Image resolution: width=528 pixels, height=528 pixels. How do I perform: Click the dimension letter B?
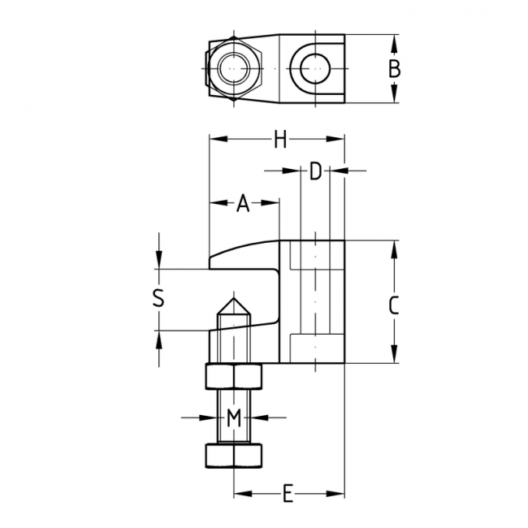point(394,69)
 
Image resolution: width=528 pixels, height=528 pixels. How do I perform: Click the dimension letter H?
point(280,141)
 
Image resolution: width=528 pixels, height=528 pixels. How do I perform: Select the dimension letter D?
point(316,171)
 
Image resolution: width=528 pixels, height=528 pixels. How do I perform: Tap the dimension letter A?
point(243,204)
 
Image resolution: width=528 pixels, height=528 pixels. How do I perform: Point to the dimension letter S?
point(159,298)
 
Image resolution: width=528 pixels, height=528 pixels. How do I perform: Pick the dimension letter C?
point(393,305)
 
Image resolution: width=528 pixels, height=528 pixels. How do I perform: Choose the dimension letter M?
point(234,418)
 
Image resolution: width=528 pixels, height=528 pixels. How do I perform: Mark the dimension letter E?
point(287,493)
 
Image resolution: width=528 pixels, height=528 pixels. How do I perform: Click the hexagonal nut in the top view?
point(234,69)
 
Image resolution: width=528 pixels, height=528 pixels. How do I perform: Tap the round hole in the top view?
point(314,69)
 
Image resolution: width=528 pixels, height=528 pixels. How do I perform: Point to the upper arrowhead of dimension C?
point(393,246)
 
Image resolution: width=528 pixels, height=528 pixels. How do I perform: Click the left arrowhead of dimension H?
point(215,140)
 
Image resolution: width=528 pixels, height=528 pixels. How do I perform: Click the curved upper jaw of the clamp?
point(244,255)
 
